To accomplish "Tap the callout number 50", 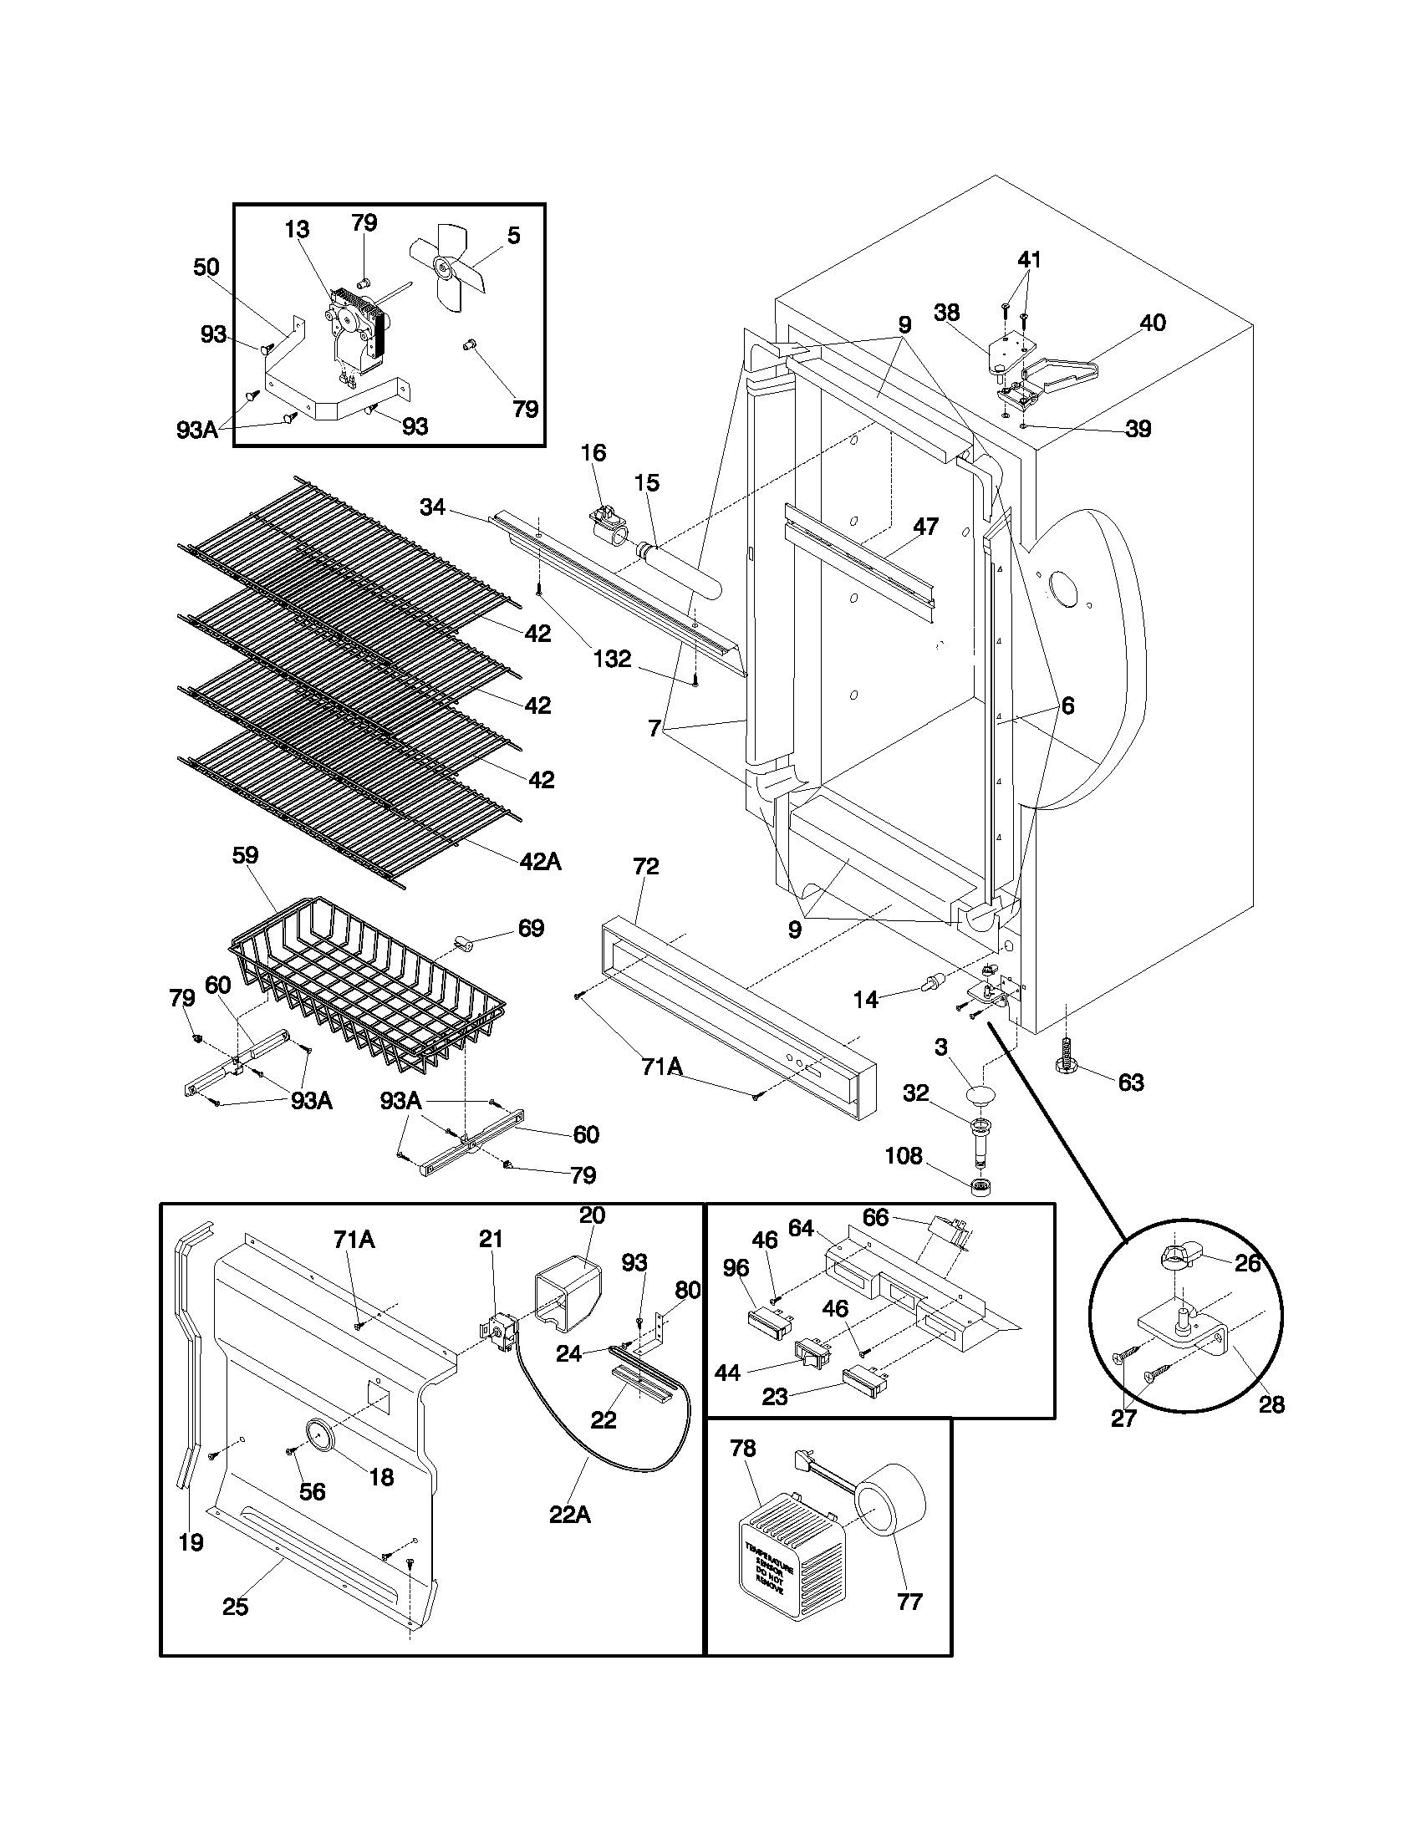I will coord(206,267).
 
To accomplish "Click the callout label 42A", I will coord(540,861).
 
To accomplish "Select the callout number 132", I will coord(612,659).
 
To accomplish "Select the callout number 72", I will coord(645,867).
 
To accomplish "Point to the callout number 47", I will coord(925,527).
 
